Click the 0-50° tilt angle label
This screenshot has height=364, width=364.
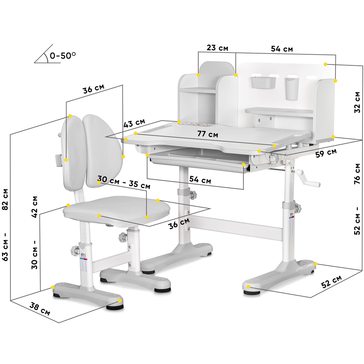pos(63,55)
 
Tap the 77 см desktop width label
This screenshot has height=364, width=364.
pos(208,134)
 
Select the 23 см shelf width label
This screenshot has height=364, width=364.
pos(218,48)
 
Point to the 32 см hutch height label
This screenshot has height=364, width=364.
pos(357,102)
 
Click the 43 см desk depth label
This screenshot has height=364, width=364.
pos(134,123)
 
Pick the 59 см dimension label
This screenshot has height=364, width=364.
pos(326,153)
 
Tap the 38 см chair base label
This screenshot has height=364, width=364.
pos(40,309)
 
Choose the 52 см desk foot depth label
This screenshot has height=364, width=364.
pos(332,282)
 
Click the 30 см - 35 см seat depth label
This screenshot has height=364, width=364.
pos(124,182)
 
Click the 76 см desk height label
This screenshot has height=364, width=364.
pos(357,174)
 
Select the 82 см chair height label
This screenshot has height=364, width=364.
pos(5,199)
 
